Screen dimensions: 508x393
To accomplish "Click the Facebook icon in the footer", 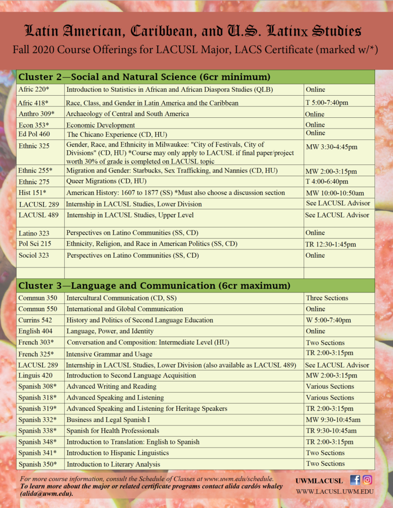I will click(x=355, y=480).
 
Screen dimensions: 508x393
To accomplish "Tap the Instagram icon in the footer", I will click(x=367, y=480).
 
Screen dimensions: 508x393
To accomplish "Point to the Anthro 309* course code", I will click(x=36, y=114).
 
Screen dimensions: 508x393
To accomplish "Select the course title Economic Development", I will click(x=100, y=125).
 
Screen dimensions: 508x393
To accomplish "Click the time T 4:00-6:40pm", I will click(x=327, y=182).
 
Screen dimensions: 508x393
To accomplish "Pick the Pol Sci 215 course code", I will click(x=35, y=244).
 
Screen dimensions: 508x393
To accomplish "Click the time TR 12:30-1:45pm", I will click(x=331, y=244).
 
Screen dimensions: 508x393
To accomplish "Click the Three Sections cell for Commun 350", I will click(x=327, y=298).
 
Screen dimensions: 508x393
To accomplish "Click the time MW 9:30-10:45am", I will click(x=333, y=420).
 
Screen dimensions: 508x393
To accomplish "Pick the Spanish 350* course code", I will click(x=37, y=464).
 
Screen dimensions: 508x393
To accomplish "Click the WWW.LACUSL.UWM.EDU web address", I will click(x=334, y=491).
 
